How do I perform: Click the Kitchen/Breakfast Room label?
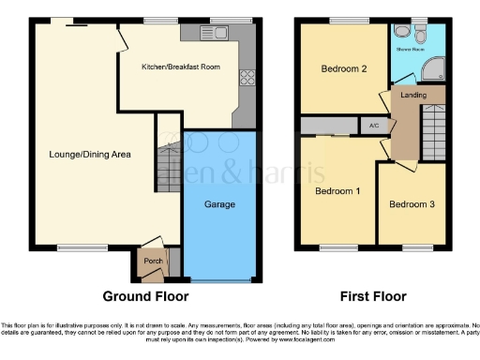click(174, 67)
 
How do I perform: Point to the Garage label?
click(220, 204)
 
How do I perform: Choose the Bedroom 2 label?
click(343, 69)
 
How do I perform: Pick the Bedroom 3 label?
click(412, 204)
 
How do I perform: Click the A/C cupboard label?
click(373, 126)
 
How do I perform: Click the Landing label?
click(413, 95)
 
